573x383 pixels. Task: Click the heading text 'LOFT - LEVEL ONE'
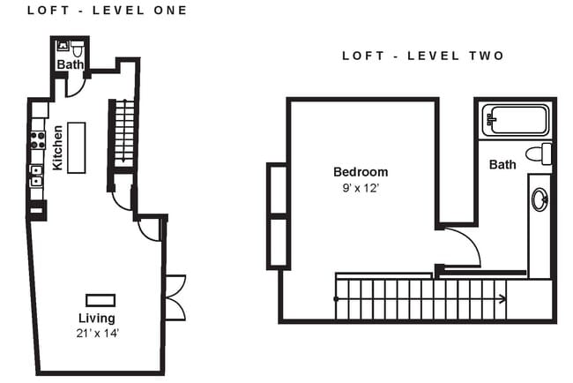click(x=107, y=11)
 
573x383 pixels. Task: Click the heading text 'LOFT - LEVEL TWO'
click(x=423, y=56)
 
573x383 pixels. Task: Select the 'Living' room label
click(x=97, y=318)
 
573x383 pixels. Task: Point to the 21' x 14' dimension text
click(x=97, y=333)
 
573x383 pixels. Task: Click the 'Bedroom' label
click(x=360, y=172)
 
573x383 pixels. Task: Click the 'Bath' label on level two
click(x=502, y=164)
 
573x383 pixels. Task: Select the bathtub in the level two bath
click(x=515, y=120)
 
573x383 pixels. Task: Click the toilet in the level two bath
click(x=540, y=154)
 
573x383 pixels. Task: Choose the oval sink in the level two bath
click(x=539, y=200)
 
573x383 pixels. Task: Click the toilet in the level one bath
click(x=77, y=48)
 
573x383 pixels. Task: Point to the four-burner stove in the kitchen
click(x=38, y=139)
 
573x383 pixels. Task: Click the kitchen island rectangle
click(x=77, y=147)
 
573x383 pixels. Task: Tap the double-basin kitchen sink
click(x=37, y=176)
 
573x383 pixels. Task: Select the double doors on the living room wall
click(x=175, y=297)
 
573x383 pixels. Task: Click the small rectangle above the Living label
click(x=100, y=299)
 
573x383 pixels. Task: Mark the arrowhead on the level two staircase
click(x=502, y=299)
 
